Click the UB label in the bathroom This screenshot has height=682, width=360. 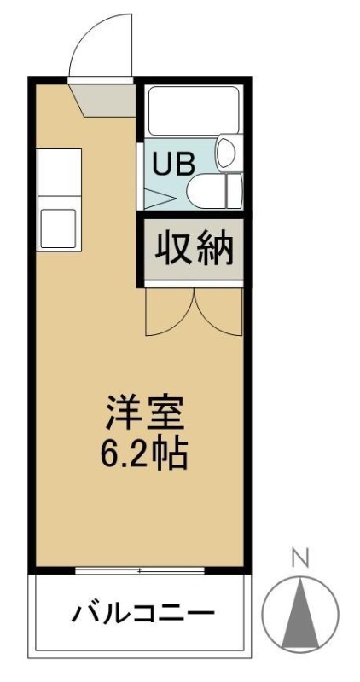[172, 164]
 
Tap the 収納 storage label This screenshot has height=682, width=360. [194, 249]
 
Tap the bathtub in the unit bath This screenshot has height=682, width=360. [194, 112]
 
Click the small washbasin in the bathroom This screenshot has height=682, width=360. [226, 153]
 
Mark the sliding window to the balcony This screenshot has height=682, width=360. [139, 570]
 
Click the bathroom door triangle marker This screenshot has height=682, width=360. [160, 199]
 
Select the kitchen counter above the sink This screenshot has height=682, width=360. [59, 172]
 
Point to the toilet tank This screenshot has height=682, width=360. [235, 190]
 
